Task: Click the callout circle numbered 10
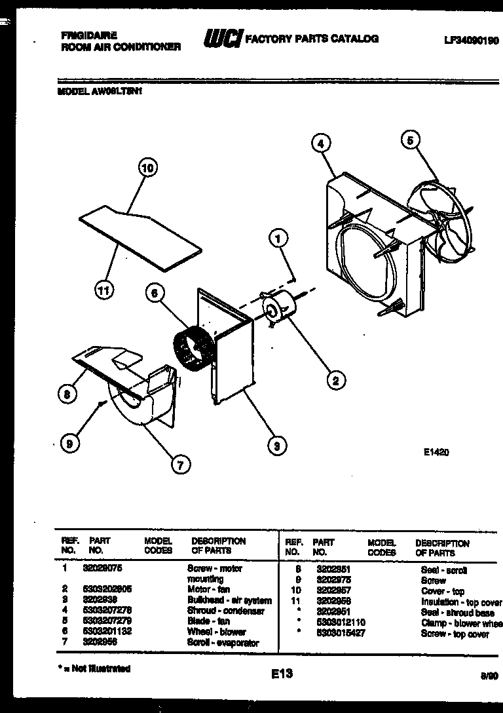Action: pyautogui.click(x=148, y=168)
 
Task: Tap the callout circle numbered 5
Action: pyautogui.click(x=411, y=140)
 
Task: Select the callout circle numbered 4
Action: pyautogui.click(x=320, y=143)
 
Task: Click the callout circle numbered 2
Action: pyautogui.click(x=335, y=379)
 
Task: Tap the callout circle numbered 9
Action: pyautogui.click(x=67, y=444)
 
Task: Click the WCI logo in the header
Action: pyautogui.click(x=222, y=40)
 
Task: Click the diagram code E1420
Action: pyautogui.click(x=436, y=452)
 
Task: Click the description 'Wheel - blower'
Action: pyautogui.click(x=216, y=632)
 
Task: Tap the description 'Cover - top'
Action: pyautogui.click(x=442, y=591)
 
